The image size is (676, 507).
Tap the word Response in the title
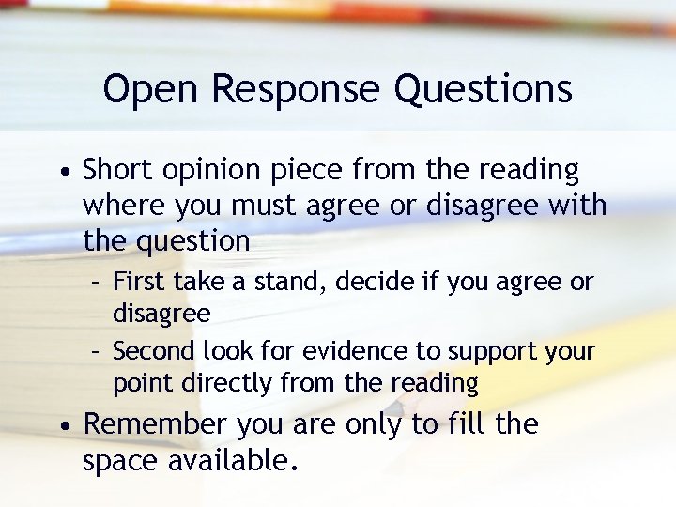297,90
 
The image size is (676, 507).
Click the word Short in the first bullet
117,171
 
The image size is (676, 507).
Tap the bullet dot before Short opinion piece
62,174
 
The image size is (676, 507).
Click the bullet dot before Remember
62,427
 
